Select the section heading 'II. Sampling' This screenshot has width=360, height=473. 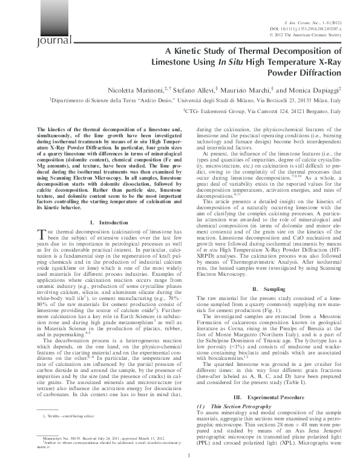pyautogui.click(x=268, y=290)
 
